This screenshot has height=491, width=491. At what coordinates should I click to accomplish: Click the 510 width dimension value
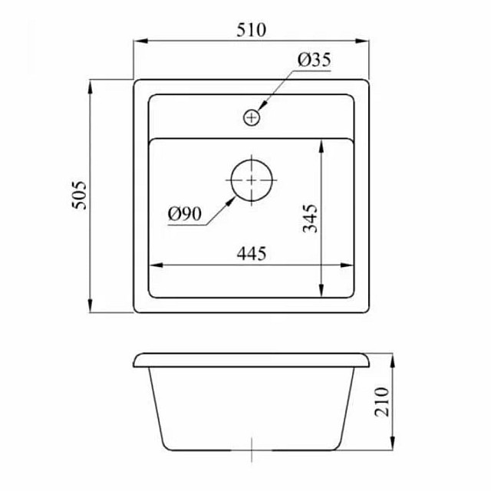[251, 30]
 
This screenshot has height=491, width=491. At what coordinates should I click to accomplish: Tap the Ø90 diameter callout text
[183, 216]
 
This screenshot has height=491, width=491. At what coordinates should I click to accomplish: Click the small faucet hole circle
[252, 117]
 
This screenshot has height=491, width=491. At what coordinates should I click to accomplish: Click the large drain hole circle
[252, 180]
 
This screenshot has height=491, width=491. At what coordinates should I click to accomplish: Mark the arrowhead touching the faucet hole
[262, 107]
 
